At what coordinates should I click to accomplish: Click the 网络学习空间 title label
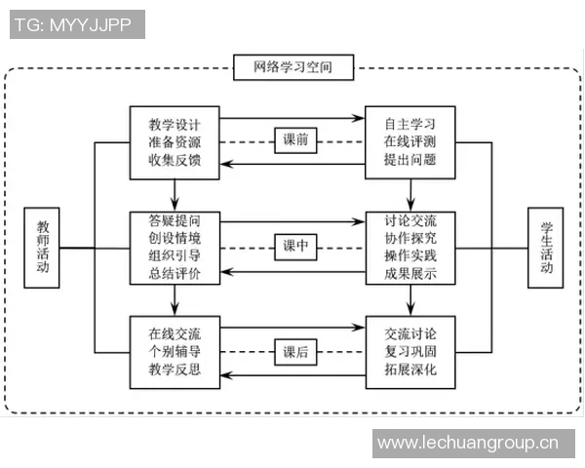[x=292, y=68]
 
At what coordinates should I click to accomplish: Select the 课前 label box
[x=295, y=141]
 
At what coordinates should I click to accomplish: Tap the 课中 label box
[x=295, y=247]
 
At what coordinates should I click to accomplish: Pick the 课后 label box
[x=295, y=351]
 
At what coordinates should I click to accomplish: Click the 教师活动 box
[x=42, y=246]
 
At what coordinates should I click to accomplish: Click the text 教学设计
[x=175, y=125]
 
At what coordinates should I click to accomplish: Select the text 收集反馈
[x=175, y=161]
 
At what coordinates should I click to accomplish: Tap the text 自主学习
[x=410, y=125]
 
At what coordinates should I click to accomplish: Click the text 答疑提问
[x=175, y=219]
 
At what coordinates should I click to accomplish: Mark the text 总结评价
[x=175, y=274]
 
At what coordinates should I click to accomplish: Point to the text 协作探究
[x=410, y=238]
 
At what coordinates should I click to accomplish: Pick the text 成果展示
[x=410, y=274]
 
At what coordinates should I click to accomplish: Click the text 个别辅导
[x=175, y=351]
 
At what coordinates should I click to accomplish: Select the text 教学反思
[x=175, y=370]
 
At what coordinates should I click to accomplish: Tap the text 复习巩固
[x=410, y=351]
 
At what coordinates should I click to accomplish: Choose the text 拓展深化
[x=410, y=370]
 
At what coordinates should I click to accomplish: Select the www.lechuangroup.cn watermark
[x=468, y=444]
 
